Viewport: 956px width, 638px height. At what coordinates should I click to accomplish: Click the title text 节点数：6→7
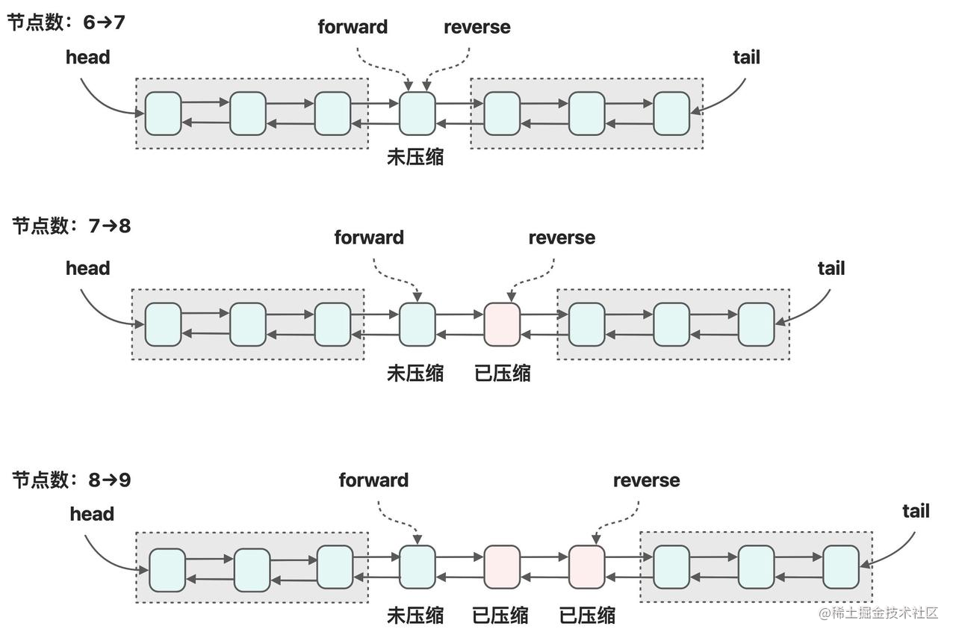(x=66, y=22)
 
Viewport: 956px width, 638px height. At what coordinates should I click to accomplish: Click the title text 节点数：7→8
(x=71, y=225)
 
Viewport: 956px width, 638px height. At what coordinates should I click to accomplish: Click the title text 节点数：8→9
(x=71, y=480)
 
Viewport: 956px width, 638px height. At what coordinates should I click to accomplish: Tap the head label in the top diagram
(x=87, y=57)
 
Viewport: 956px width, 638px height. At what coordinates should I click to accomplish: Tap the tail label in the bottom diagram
(x=916, y=511)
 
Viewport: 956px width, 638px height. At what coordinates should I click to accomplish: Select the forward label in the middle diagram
(x=369, y=238)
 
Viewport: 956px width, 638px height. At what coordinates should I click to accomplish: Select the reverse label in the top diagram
(x=477, y=27)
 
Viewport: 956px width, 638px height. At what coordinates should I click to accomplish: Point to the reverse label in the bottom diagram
(x=646, y=480)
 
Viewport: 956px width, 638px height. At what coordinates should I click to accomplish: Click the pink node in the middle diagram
(x=502, y=324)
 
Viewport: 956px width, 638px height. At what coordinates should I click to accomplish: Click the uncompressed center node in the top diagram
(x=417, y=114)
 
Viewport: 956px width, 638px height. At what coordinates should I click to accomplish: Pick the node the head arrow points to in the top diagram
(x=163, y=114)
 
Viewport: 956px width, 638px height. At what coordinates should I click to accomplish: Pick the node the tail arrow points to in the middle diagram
(x=756, y=324)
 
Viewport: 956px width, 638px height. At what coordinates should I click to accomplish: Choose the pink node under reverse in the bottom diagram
(x=587, y=568)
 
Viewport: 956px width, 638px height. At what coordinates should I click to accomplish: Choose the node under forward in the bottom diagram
(x=417, y=568)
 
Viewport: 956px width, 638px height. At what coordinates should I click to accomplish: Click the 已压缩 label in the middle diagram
(x=502, y=372)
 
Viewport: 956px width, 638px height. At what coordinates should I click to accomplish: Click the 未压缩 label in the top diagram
(x=415, y=157)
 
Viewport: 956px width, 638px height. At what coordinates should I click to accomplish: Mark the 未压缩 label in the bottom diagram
(x=415, y=615)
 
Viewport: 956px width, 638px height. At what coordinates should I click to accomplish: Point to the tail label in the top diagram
(x=746, y=57)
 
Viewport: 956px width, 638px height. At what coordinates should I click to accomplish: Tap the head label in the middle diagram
(x=87, y=267)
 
